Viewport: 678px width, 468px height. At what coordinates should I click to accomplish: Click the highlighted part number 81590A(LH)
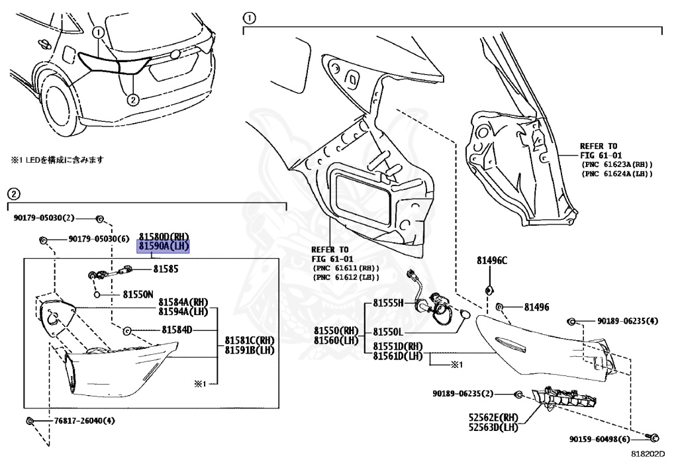(164, 246)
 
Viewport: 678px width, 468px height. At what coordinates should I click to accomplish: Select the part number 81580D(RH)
(164, 236)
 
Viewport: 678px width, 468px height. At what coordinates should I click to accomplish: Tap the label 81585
(166, 269)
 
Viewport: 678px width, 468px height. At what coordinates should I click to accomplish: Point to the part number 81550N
(138, 295)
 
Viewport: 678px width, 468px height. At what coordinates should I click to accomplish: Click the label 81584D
(177, 330)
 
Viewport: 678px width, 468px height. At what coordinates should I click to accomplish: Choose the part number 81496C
(492, 260)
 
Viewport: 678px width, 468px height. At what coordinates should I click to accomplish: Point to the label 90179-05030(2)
(44, 218)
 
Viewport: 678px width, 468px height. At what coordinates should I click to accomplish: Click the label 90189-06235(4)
(628, 321)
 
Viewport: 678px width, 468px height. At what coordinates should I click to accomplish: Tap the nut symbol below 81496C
(489, 289)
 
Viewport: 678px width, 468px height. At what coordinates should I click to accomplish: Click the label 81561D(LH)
(397, 355)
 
